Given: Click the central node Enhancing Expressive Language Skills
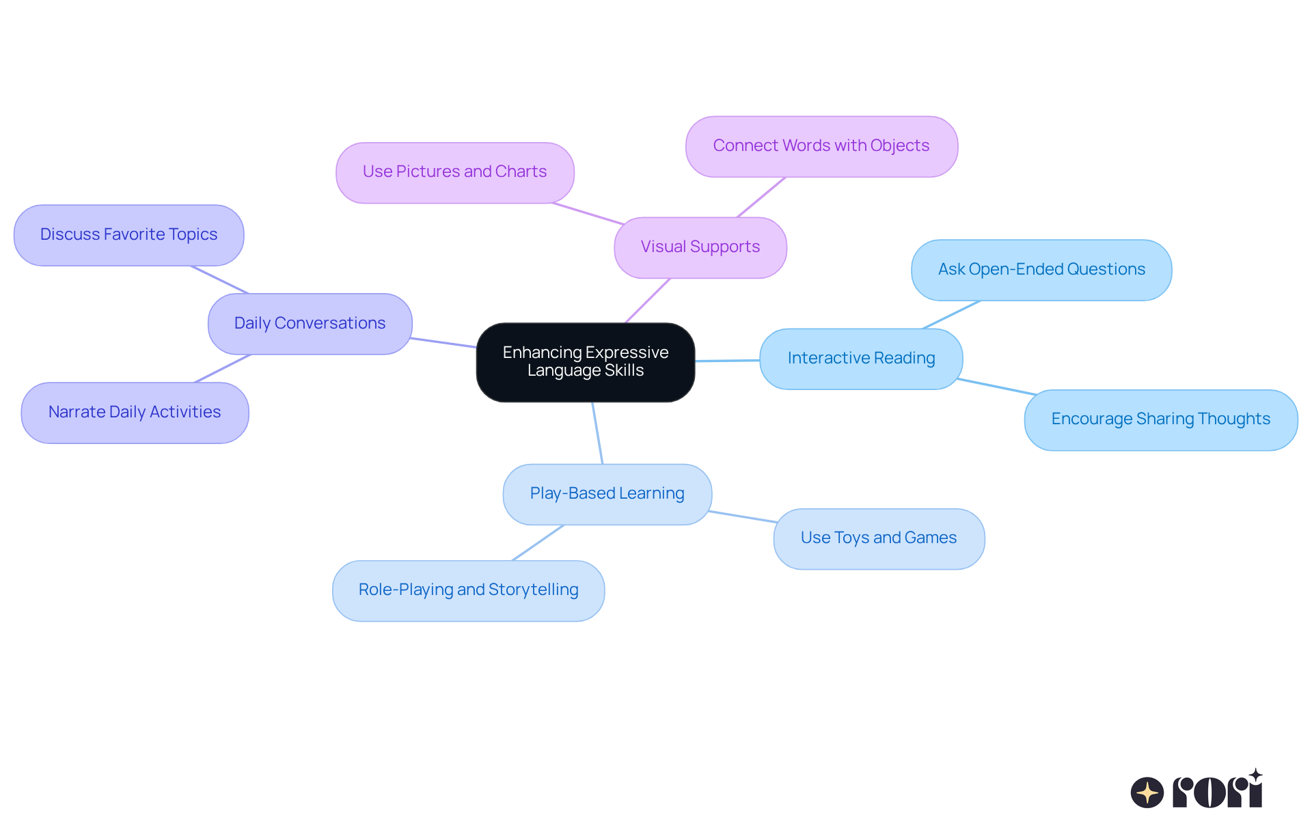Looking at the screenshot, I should (586, 362).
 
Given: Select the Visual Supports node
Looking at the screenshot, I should (700, 247).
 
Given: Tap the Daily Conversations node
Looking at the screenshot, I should (310, 324).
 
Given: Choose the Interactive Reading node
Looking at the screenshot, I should (861, 359).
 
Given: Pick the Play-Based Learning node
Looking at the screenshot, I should (607, 494).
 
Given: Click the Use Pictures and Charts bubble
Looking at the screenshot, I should (454, 172).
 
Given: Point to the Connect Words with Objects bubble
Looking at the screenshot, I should (821, 146).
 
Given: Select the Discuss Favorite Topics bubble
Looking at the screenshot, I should (128, 235).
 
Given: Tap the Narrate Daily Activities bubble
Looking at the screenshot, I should (135, 413).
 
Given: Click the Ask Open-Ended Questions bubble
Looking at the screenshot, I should (1041, 270).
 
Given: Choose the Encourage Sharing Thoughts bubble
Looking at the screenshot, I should (1160, 419).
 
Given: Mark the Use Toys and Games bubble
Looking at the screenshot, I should (879, 538).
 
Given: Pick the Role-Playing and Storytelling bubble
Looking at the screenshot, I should (468, 590).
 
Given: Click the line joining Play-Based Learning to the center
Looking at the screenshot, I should (597, 433).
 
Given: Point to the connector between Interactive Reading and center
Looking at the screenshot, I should (727, 360).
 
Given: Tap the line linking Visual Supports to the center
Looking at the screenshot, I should (648, 301).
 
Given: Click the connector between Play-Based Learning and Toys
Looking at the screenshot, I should (742, 516).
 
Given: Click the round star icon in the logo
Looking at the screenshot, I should (1147, 792).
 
